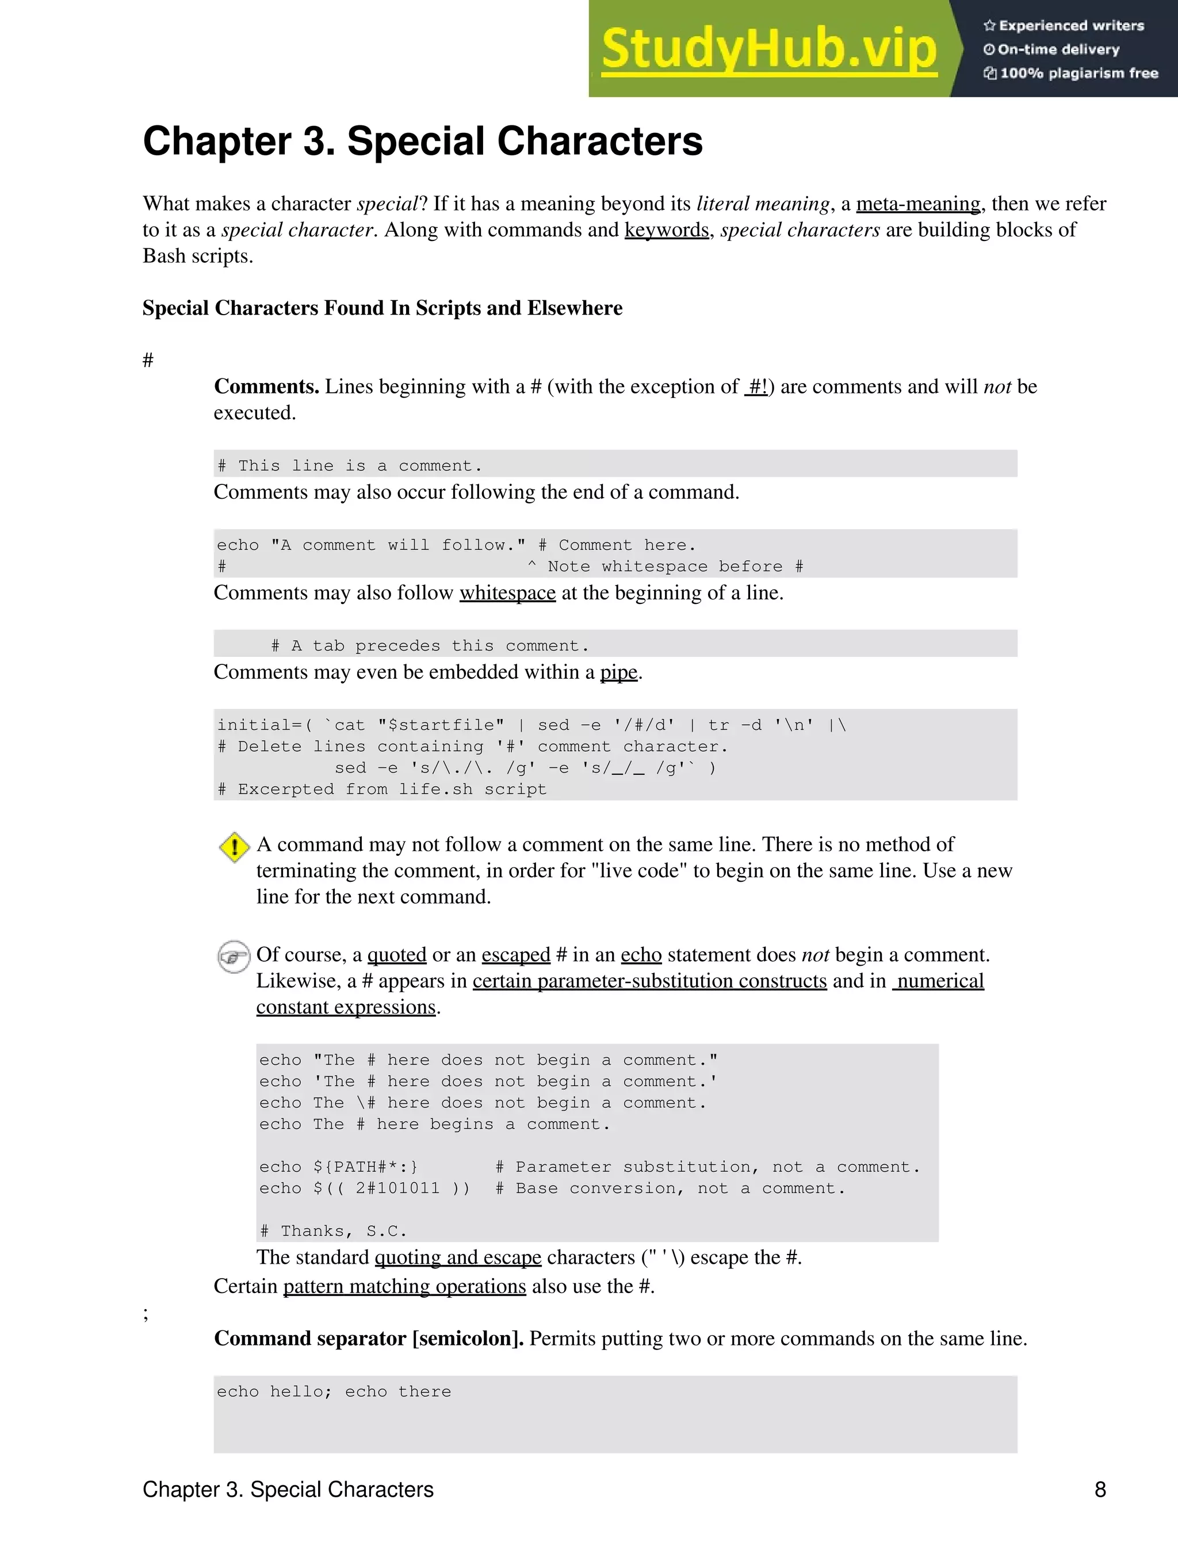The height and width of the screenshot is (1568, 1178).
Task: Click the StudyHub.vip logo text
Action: tap(769, 48)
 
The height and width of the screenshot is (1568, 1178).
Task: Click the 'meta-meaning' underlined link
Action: tap(918, 204)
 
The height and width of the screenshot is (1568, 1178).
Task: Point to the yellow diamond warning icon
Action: tap(234, 847)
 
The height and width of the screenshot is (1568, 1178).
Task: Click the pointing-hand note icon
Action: tap(233, 957)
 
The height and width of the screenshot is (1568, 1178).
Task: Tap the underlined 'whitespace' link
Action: tap(507, 592)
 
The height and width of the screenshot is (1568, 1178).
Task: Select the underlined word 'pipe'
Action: tap(619, 672)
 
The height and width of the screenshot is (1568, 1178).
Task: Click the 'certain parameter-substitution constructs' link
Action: tap(649, 981)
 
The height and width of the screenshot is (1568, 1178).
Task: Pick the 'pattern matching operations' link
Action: tap(404, 1286)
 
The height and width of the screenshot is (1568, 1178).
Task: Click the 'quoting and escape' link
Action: tap(458, 1257)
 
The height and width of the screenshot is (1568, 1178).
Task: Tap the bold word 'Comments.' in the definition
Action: tap(266, 387)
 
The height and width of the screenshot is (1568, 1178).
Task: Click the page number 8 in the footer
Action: tap(1100, 1489)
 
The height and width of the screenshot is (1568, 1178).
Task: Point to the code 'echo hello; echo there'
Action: tap(334, 1391)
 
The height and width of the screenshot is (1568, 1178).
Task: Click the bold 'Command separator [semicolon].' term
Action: tap(369, 1338)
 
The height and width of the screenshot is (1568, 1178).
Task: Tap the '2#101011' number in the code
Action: tap(397, 1188)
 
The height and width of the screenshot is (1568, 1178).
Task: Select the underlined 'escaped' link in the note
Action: tap(515, 955)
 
